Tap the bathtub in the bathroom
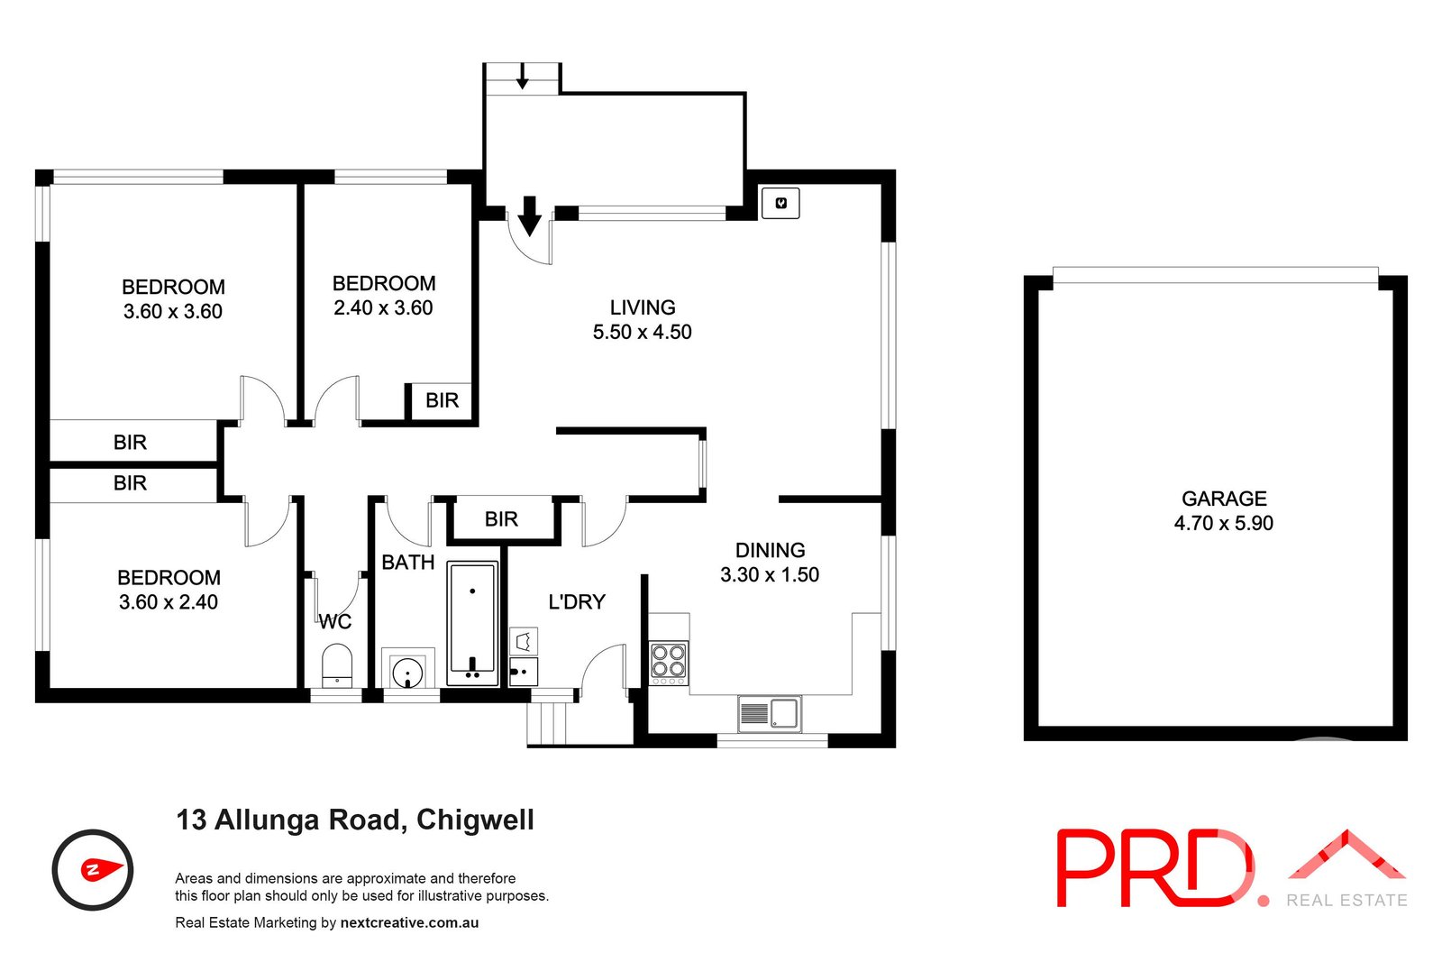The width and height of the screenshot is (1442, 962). click(472, 623)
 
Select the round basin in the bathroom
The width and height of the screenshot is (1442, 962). click(408, 672)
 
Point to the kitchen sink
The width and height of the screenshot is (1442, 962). click(769, 713)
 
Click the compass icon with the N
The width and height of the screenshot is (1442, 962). click(93, 870)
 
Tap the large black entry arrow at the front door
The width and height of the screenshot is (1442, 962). click(529, 215)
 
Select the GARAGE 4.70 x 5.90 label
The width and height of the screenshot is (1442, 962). click(1223, 510)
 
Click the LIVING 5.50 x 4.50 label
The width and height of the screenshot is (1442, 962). click(642, 320)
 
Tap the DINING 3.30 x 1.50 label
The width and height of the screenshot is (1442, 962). click(769, 563)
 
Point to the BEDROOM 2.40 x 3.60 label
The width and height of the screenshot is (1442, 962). click(383, 296)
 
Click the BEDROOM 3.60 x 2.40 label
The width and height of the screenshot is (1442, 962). click(169, 590)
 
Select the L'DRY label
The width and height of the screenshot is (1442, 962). click(577, 601)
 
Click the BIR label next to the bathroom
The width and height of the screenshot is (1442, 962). click(501, 519)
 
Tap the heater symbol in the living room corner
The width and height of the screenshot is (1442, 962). click(780, 203)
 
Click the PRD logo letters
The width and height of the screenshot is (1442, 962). click(1154, 868)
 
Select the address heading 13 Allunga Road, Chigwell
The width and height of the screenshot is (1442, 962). click(355, 820)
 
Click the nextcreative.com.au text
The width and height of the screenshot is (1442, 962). click(409, 922)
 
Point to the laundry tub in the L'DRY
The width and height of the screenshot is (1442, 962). click(524, 671)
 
